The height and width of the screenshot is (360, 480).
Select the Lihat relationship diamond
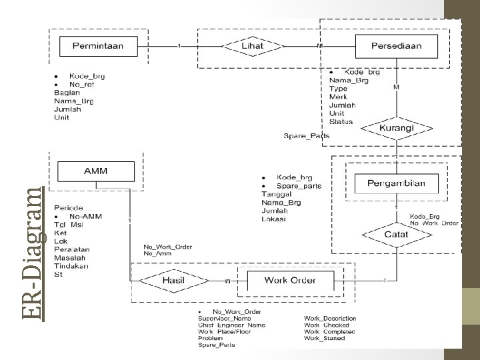click(x=251, y=46)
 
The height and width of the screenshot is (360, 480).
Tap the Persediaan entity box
click(x=397, y=46)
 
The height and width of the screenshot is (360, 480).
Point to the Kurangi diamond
click(x=396, y=128)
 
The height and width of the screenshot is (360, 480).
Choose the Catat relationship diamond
click(x=396, y=234)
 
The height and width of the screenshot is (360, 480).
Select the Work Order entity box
click(x=289, y=280)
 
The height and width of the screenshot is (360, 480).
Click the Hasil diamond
click(x=173, y=281)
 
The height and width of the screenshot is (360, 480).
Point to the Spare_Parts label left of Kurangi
click(x=306, y=136)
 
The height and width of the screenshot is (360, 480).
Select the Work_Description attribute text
click(x=330, y=319)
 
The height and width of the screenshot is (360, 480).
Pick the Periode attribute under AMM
click(x=69, y=208)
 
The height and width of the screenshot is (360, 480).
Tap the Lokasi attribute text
click(x=275, y=218)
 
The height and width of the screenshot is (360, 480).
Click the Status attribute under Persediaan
click(x=341, y=121)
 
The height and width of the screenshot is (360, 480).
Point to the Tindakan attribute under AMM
click(x=72, y=266)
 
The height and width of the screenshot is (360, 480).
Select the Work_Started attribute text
click(x=325, y=338)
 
